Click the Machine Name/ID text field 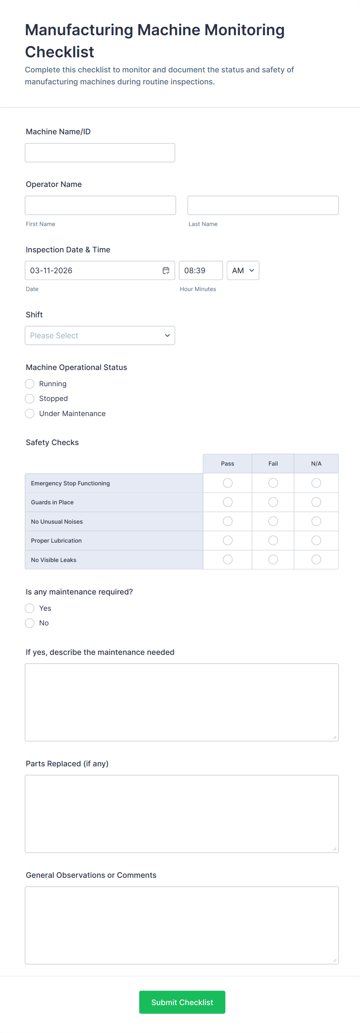100,153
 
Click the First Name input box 100,205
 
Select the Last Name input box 263,205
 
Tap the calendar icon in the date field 166,271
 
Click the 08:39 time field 201,271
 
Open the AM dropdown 243,271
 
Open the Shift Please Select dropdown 100,336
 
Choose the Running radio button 30,384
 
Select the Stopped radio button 30,399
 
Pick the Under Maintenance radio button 30,413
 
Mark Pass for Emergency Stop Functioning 228,483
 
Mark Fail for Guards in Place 273,502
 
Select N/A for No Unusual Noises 316,521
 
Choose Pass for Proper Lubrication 228,541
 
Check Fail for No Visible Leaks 273,559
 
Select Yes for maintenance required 30,608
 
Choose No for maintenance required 30,623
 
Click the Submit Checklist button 182,1002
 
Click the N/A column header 316,464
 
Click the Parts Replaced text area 182,814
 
